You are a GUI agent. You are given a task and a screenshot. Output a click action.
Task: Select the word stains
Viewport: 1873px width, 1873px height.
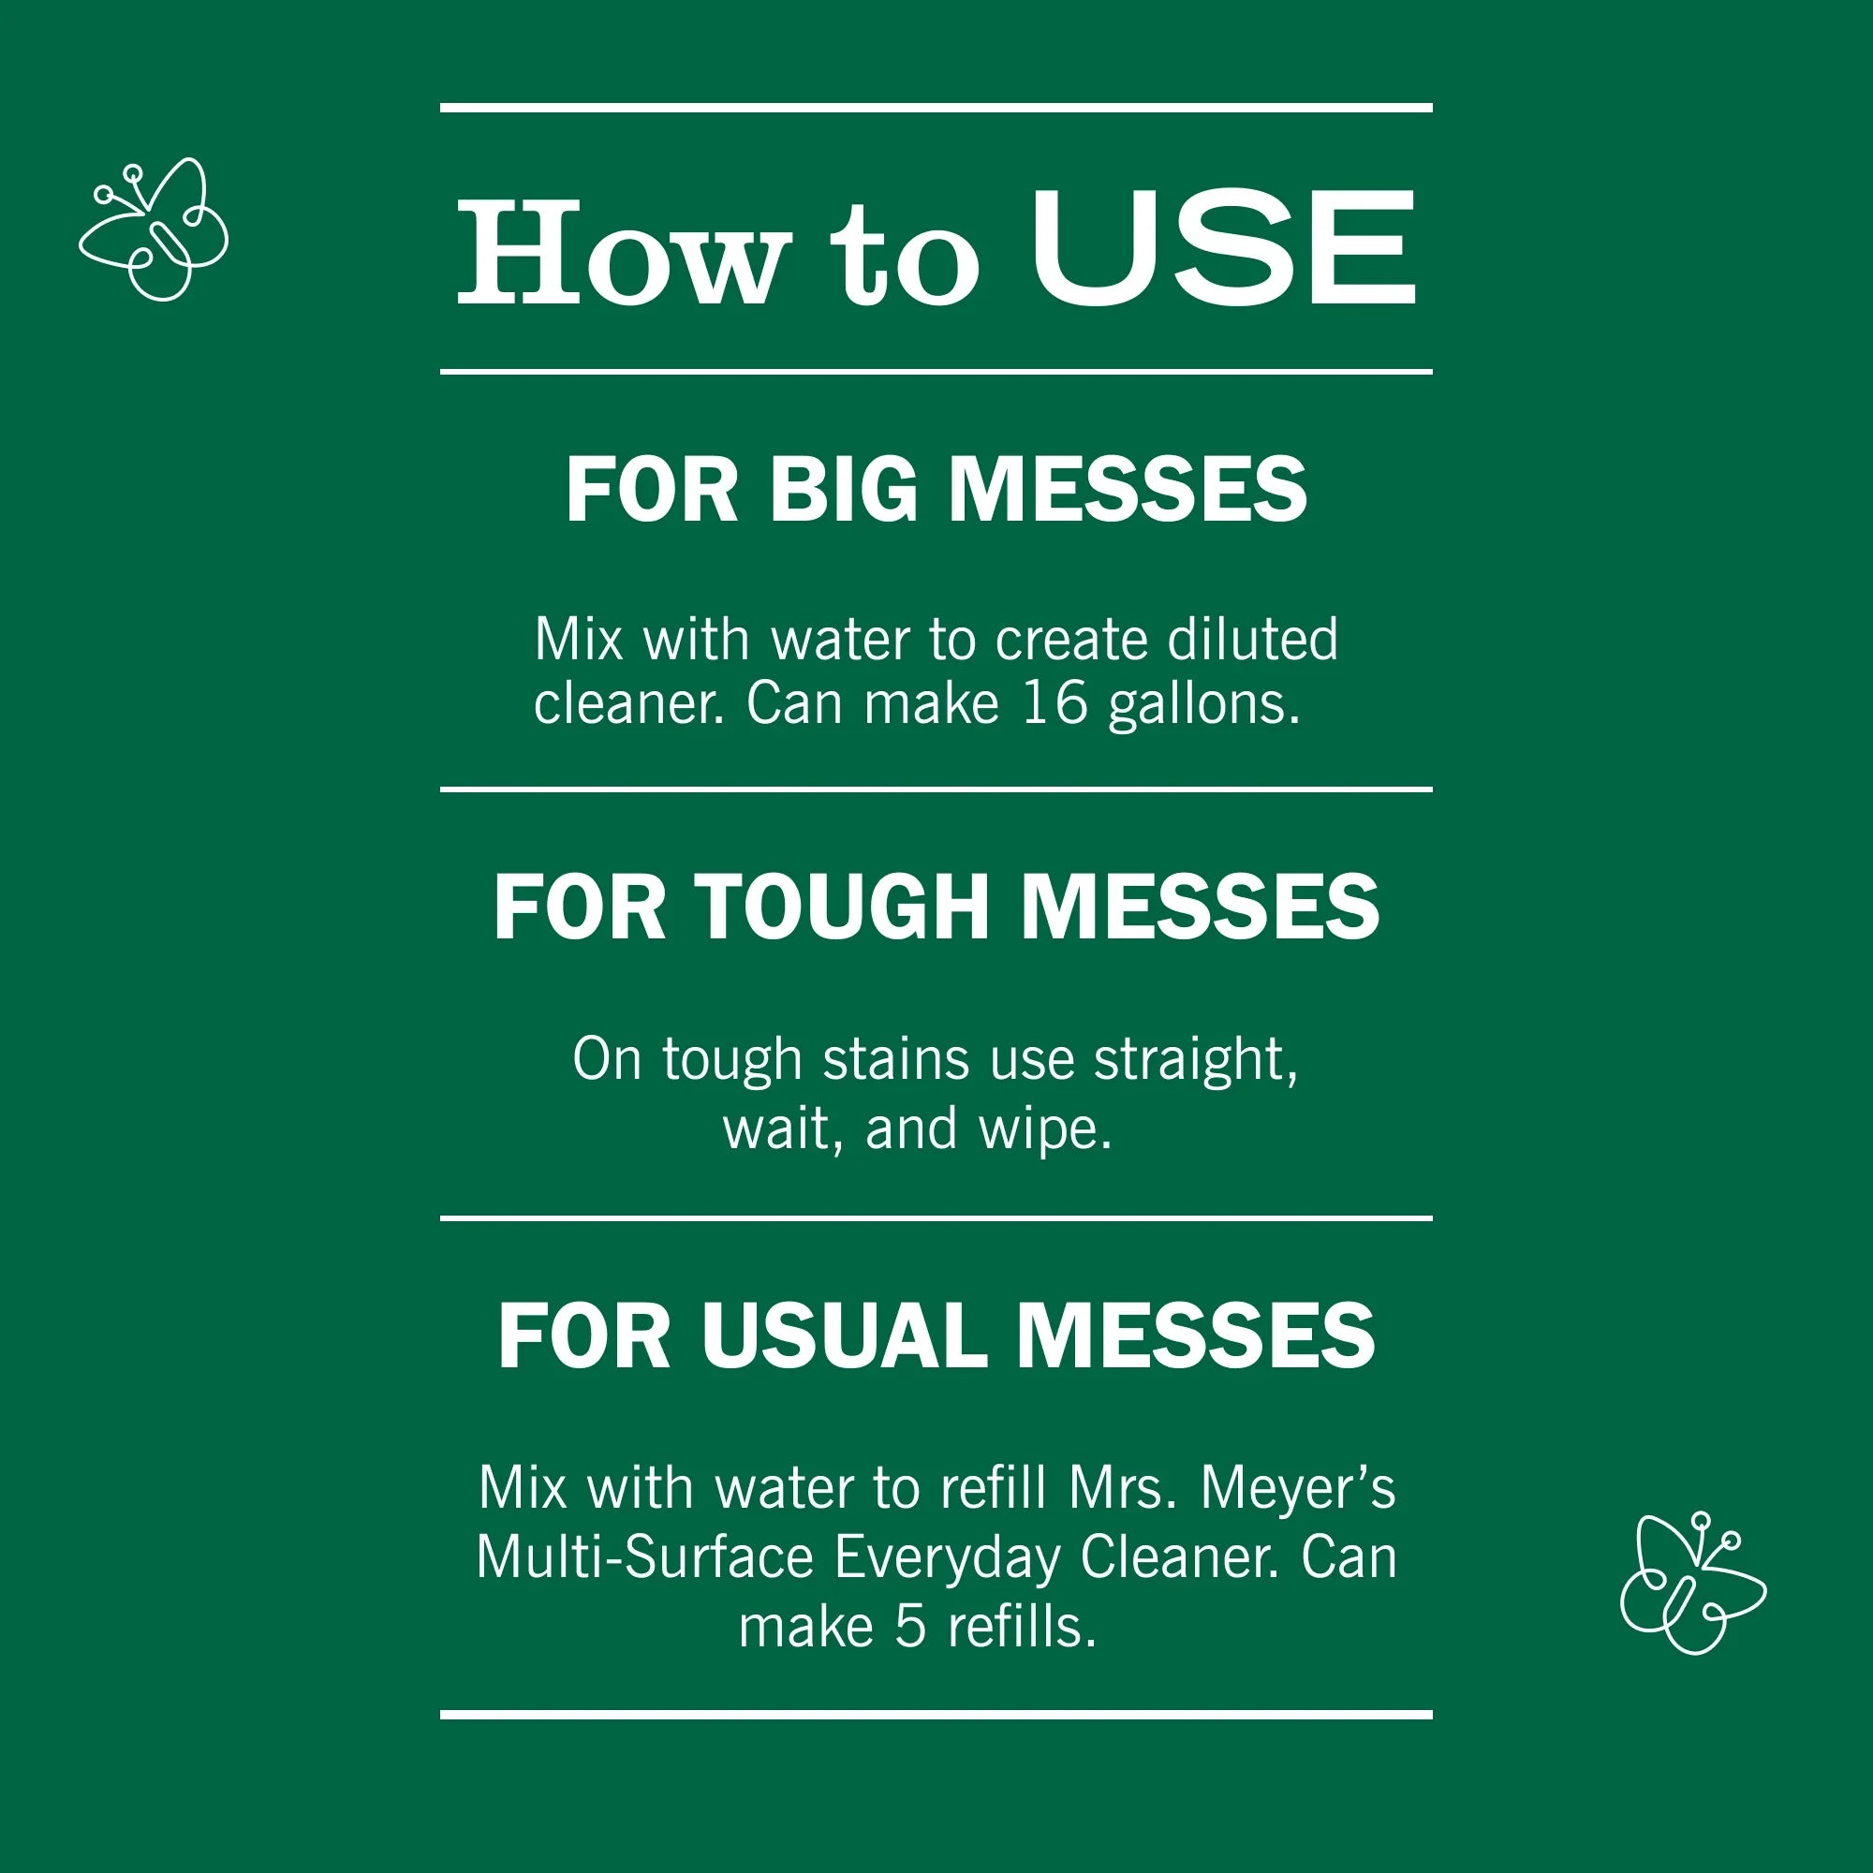[896, 1059]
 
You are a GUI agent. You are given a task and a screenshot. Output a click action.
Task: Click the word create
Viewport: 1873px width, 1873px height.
[1070, 641]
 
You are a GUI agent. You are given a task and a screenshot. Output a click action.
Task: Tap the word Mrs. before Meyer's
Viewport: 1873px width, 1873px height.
[1123, 1488]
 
